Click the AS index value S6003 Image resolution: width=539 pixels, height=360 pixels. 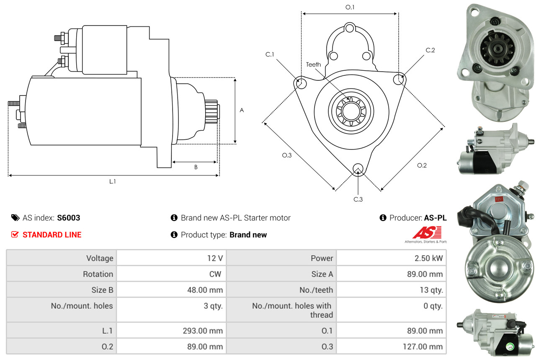(x=69, y=218)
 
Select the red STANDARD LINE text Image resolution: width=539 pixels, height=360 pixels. (x=52, y=235)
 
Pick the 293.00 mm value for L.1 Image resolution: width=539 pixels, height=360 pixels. (x=203, y=331)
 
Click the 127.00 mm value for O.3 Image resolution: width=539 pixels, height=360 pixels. (x=423, y=347)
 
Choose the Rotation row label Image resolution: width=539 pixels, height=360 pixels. (x=98, y=274)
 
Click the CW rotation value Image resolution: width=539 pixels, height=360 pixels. (x=215, y=274)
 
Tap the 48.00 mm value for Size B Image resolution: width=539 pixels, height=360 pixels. (x=205, y=290)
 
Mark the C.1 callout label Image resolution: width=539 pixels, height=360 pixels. (x=270, y=54)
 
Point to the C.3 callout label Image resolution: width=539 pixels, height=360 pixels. (x=358, y=199)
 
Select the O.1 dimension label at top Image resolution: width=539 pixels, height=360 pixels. (x=350, y=7)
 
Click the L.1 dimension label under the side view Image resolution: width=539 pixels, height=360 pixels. (x=112, y=182)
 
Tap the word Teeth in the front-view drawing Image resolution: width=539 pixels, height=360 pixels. (x=313, y=64)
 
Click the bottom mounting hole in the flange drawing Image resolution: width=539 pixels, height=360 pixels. (x=358, y=168)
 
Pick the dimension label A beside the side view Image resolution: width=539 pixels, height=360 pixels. (x=242, y=111)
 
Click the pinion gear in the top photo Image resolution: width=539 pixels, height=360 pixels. (x=497, y=49)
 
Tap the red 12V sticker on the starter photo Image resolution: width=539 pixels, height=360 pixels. (x=499, y=199)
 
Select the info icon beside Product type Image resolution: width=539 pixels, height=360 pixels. (x=174, y=235)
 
